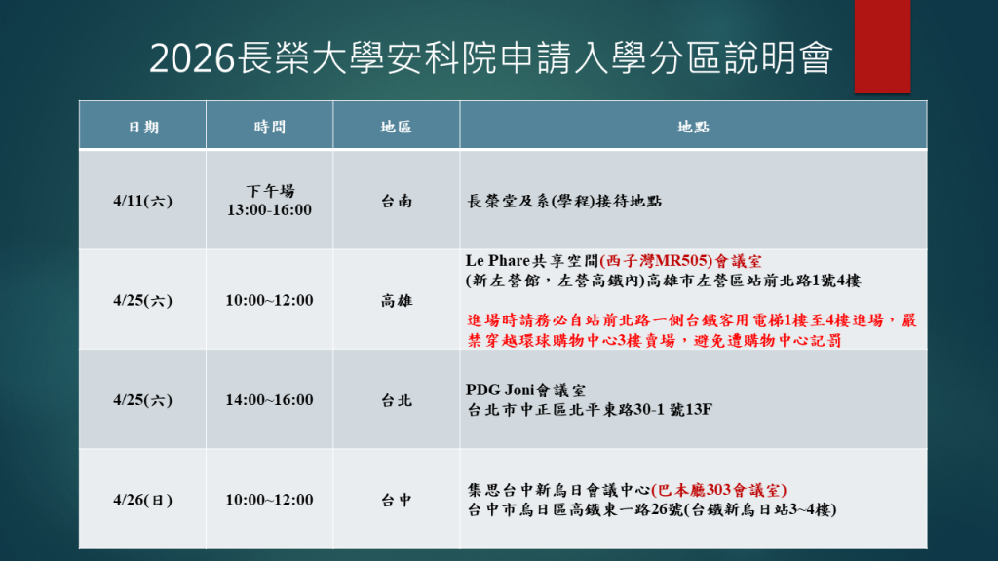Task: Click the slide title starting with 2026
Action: click(490, 59)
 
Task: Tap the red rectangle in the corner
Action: click(882, 46)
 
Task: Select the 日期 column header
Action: click(143, 127)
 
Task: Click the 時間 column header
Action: click(269, 127)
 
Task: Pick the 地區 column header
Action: click(396, 127)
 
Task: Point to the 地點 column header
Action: click(693, 127)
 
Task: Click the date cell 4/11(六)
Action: click(142, 201)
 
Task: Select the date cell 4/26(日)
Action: click(142, 500)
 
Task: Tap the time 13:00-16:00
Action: click(269, 209)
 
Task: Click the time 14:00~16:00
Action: click(269, 399)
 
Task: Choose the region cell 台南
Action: click(397, 201)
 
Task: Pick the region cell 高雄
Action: click(397, 300)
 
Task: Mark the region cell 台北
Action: click(397, 399)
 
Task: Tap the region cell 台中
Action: click(397, 500)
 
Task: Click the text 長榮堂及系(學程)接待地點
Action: click(565, 201)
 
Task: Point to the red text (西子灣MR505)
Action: click(655, 262)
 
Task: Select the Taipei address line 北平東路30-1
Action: click(591, 409)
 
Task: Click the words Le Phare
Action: click(498, 262)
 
